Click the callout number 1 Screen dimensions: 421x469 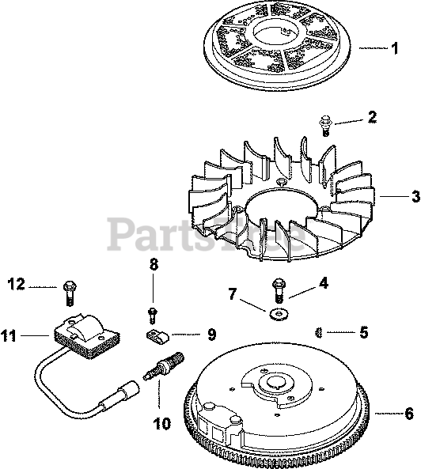tap(395, 48)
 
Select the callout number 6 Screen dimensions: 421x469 tap(409, 414)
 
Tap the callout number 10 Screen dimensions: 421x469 tap(162, 424)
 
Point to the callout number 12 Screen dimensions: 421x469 tap(17, 284)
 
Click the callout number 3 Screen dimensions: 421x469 tap(415, 197)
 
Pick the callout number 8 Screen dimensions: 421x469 tap(154, 264)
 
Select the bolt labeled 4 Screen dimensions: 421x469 tap(279, 291)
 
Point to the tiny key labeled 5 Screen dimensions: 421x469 tap(319, 332)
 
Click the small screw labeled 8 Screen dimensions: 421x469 tap(153, 316)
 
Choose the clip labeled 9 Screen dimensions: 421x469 tap(157, 335)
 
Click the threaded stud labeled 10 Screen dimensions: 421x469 tap(163, 366)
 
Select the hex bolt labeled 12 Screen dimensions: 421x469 tap(70, 293)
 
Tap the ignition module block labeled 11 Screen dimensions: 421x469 tap(87, 335)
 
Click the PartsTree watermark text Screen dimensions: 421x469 tap(206, 234)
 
